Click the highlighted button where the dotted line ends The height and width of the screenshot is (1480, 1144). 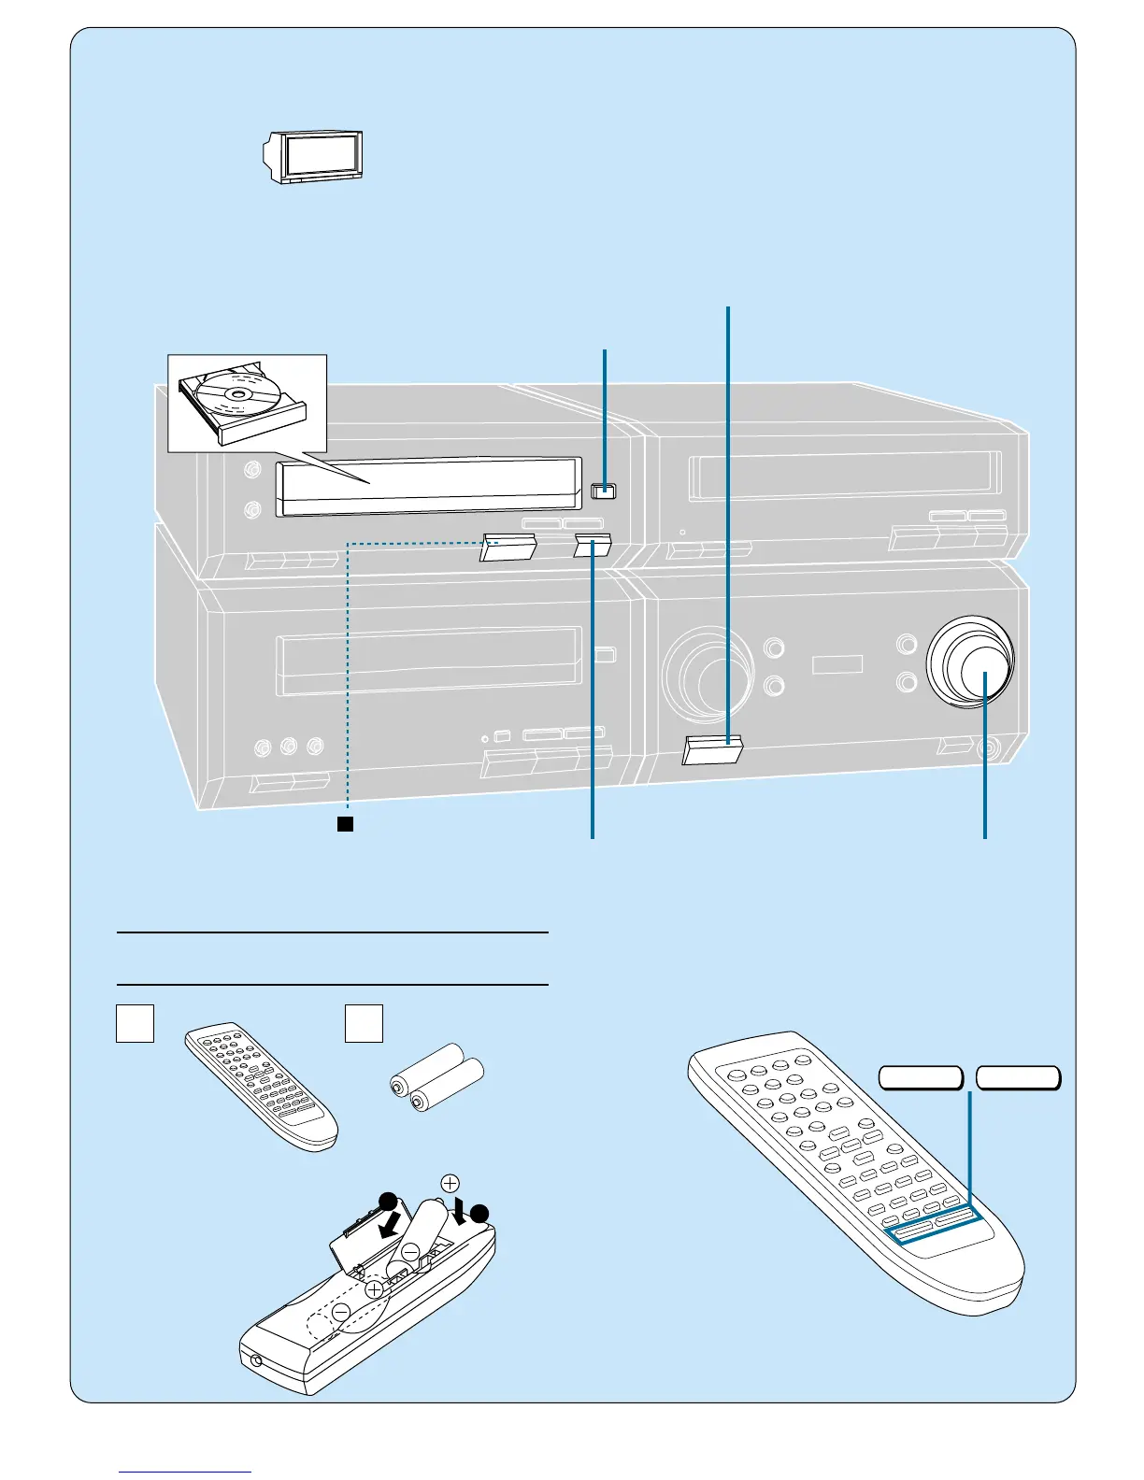(x=508, y=547)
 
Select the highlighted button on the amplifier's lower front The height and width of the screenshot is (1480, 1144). (x=713, y=749)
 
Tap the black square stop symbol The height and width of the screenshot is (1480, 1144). (x=345, y=823)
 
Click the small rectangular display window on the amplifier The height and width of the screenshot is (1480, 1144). (x=837, y=665)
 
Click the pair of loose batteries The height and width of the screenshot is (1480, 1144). (x=436, y=1076)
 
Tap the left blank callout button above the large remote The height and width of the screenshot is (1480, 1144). (x=922, y=1077)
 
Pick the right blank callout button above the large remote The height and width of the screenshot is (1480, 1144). (x=1018, y=1077)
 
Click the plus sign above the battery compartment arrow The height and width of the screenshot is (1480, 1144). (x=450, y=1182)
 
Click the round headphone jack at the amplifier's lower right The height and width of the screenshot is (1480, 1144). (x=984, y=748)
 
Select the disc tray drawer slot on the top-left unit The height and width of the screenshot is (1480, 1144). (x=425, y=487)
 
